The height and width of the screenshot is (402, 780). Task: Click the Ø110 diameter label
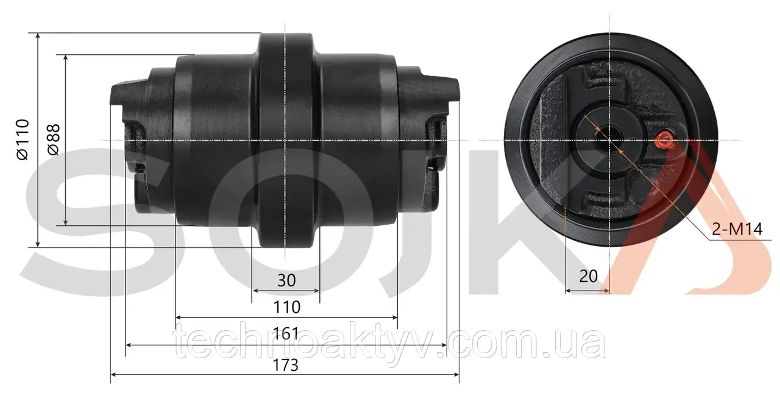pyautogui.click(x=23, y=139)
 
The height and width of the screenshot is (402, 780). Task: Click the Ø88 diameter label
pyautogui.click(x=54, y=139)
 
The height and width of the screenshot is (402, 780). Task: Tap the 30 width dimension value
pyautogui.click(x=286, y=280)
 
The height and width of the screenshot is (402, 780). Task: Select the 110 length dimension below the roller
pyautogui.click(x=286, y=308)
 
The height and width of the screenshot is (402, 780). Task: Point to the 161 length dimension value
pyautogui.click(x=286, y=333)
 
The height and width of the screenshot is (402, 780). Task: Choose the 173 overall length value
pyautogui.click(x=286, y=365)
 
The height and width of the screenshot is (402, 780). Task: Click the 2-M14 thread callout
pyautogui.click(x=737, y=229)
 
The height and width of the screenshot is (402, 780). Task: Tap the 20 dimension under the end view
pyautogui.click(x=589, y=277)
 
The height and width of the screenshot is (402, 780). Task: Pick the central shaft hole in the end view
pyautogui.click(x=609, y=140)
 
